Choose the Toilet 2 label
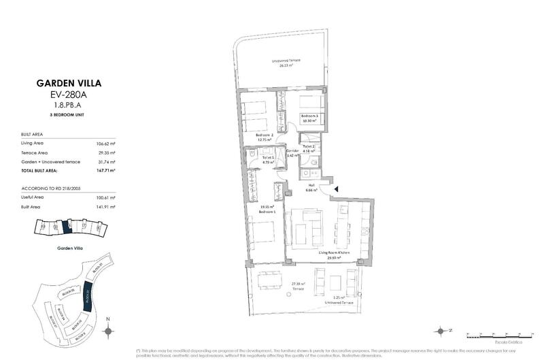309,146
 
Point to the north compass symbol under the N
107,331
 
